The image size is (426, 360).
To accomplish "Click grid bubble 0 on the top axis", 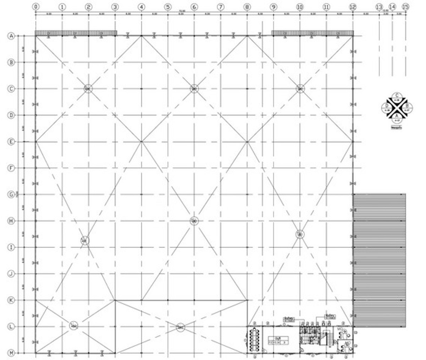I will (35, 7).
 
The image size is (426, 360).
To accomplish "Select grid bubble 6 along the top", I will (194, 7).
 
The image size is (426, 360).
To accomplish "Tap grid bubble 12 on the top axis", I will (353, 7).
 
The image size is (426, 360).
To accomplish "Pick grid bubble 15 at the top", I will (405, 7).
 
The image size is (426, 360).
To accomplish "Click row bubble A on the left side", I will (12, 36).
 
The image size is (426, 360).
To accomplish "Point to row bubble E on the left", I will (12, 142).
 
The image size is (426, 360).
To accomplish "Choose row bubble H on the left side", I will (12, 221).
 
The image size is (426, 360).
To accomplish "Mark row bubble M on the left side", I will (12, 353).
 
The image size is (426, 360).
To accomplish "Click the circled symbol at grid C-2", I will (88, 88).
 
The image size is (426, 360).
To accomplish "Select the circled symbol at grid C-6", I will (194, 88).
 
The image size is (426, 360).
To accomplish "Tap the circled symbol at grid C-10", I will (300, 88).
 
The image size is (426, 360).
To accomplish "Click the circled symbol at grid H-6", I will (194, 221).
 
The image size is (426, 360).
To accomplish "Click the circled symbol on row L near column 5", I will (180, 327).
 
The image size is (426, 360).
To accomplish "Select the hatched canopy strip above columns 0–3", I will (76, 33).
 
